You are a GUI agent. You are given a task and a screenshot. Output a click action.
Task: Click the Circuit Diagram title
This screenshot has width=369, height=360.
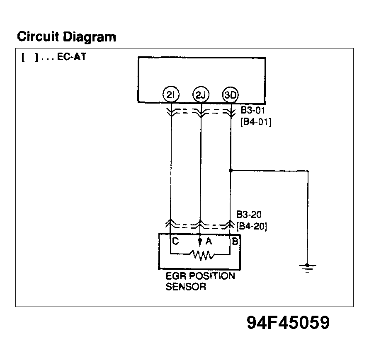pos(66,37)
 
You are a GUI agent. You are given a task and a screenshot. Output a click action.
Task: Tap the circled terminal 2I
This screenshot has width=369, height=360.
pos(171,96)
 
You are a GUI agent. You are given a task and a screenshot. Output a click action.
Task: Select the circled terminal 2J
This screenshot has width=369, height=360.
pos(201,96)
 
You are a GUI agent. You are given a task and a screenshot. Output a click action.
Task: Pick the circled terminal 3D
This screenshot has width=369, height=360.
pos(230,96)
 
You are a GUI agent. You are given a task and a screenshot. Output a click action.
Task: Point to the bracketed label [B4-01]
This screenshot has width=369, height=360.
pos(256,122)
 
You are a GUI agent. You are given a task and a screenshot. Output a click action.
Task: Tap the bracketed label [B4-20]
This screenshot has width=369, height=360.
pos(251,227)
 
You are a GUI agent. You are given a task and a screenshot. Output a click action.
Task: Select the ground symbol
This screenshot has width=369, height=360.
pos(307,267)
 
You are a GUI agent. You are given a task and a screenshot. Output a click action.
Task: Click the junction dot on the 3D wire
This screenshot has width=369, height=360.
pos(231,170)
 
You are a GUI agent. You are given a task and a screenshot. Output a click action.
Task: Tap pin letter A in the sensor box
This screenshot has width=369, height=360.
pos(209,242)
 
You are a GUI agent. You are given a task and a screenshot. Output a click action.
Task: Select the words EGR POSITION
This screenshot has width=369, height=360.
pos(200,276)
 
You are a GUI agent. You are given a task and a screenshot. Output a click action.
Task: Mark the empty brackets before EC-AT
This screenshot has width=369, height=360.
pos(29,58)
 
